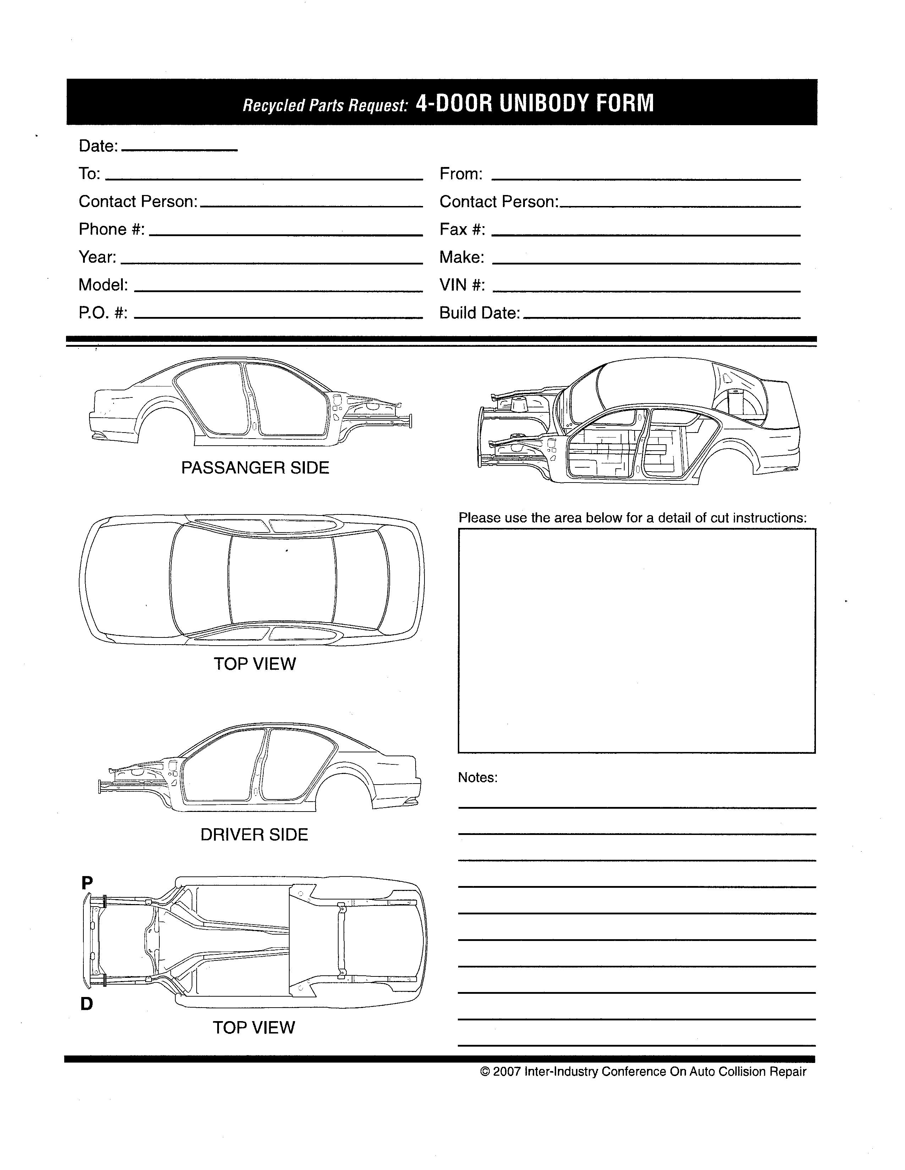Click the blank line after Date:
pyautogui.click(x=180, y=149)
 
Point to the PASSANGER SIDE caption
pyautogui.click(x=255, y=468)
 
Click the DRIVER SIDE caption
pyautogui.click(x=254, y=835)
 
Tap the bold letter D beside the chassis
pyautogui.click(x=87, y=1004)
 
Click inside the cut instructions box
pyautogui.click(x=636, y=641)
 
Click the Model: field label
pyautogui.click(x=104, y=284)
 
